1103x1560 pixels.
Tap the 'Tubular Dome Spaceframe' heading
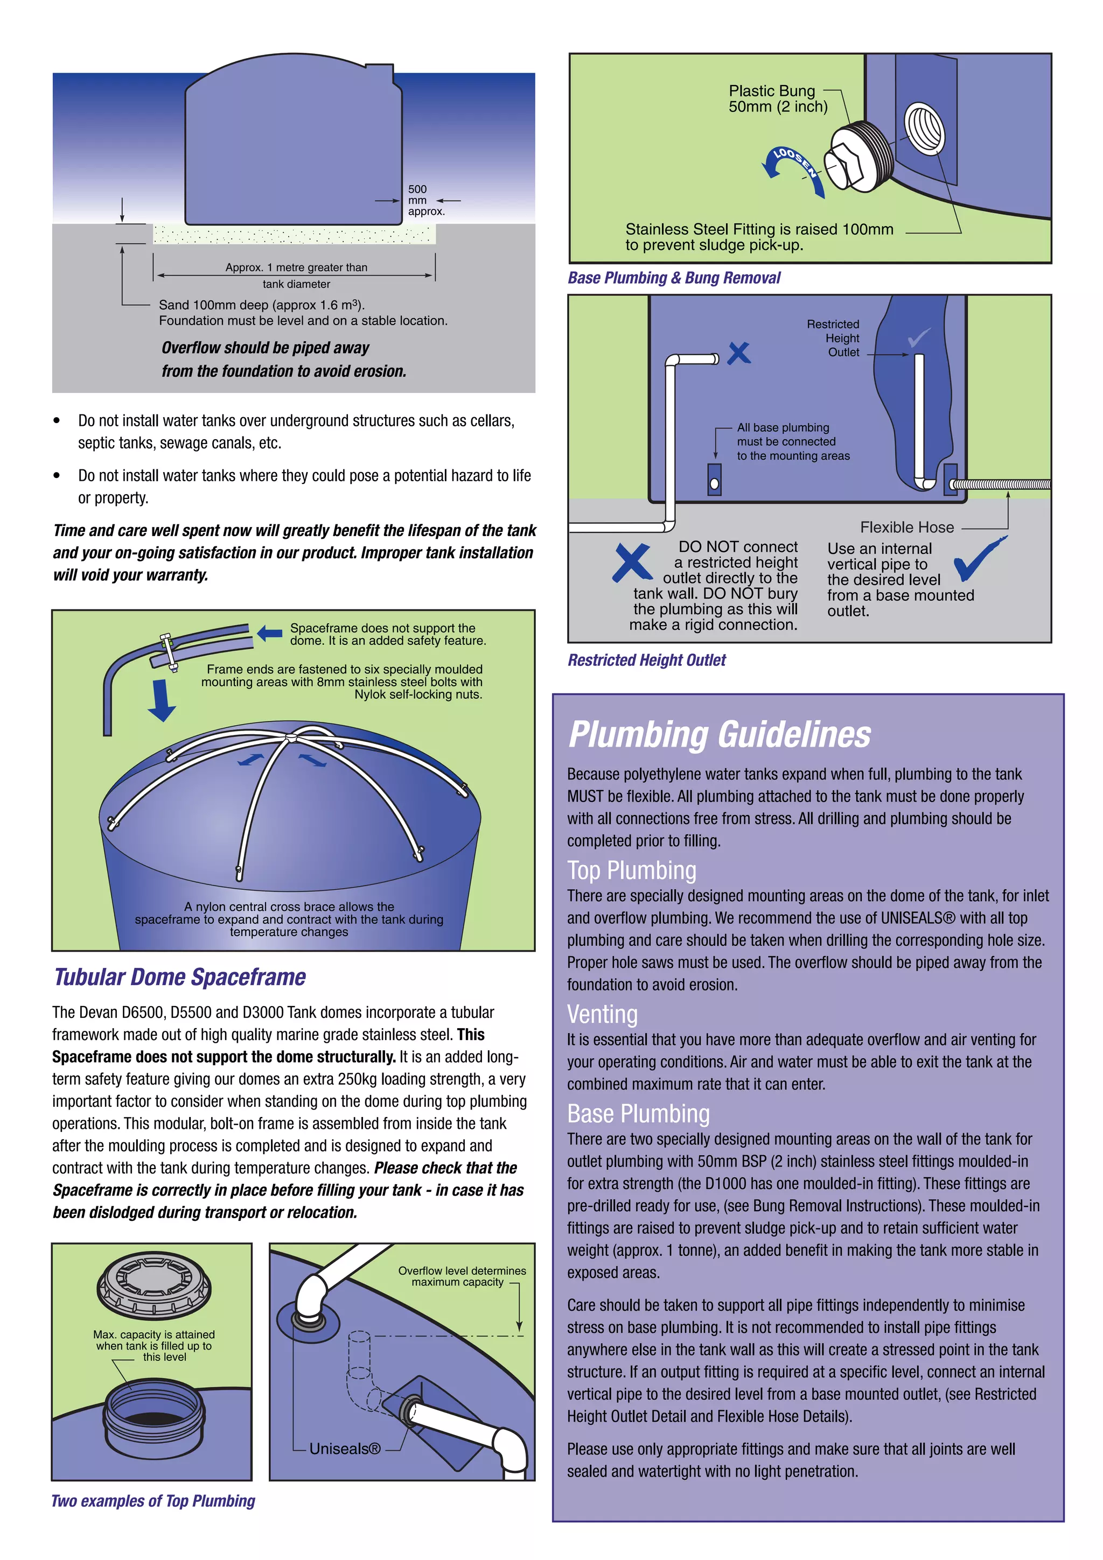point(179,977)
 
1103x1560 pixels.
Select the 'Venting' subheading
point(602,1014)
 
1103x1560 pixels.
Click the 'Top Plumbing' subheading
point(631,870)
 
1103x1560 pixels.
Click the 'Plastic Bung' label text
point(771,91)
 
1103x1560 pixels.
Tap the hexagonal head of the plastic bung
point(843,165)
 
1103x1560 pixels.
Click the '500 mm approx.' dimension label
point(425,200)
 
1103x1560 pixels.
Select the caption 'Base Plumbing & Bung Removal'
point(674,278)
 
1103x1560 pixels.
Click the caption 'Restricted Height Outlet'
point(646,660)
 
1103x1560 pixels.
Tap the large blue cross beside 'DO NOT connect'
point(631,563)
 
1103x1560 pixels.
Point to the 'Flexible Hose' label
point(906,527)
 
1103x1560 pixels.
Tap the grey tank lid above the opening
point(153,1284)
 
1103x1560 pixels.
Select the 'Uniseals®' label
point(345,1449)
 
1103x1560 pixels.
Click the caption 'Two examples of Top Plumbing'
point(153,1501)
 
